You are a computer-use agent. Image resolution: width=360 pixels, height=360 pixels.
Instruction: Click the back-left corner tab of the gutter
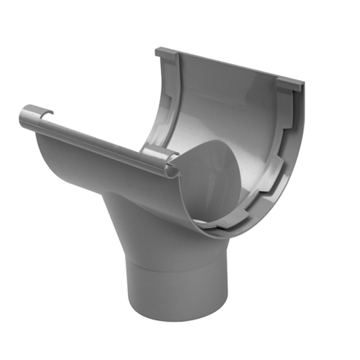point(166,53)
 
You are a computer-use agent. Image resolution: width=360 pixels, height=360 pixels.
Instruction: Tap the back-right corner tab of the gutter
point(290,85)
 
